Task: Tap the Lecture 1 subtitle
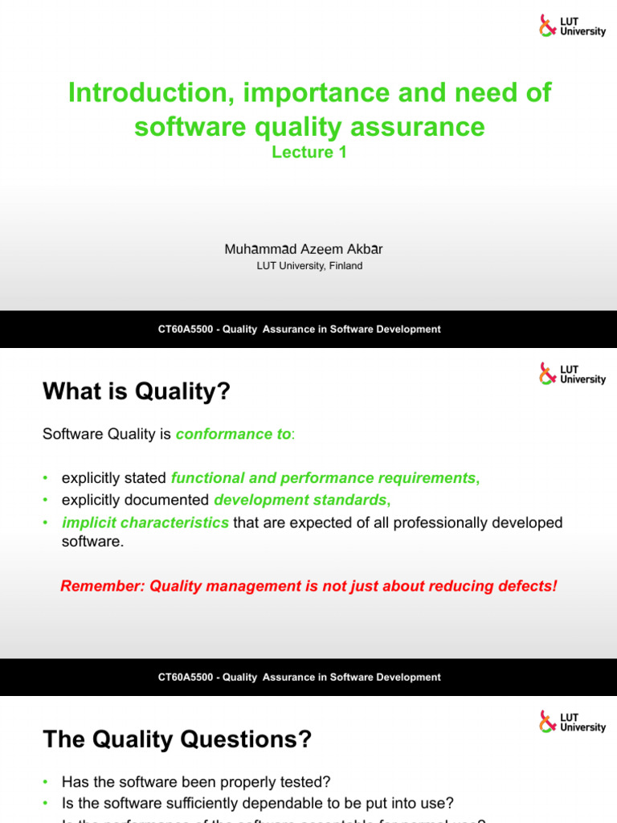click(308, 152)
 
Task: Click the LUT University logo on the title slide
click(572, 26)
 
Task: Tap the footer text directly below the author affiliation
click(299, 330)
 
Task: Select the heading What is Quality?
click(136, 391)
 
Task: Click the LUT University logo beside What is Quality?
click(572, 374)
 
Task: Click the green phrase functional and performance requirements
click(324, 478)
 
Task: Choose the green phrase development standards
click(300, 500)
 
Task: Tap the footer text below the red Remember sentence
click(299, 678)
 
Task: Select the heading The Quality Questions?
click(177, 739)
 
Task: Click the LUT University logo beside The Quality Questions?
click(572, 722)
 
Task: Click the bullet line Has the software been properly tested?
click(196, 782)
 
